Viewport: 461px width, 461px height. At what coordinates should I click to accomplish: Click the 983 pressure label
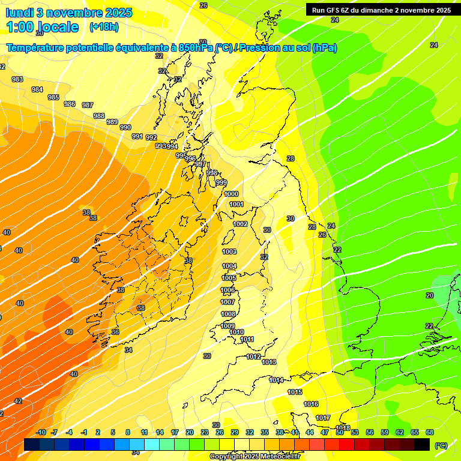point(17,80)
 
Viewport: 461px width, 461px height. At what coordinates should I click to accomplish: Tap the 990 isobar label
point(125,127)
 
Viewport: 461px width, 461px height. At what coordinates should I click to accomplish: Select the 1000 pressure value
point(231,194)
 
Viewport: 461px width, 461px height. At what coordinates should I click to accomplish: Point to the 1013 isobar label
point(269,362)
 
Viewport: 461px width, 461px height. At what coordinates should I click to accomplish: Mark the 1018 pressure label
point(343,428)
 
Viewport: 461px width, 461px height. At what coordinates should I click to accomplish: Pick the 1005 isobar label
point(229,278)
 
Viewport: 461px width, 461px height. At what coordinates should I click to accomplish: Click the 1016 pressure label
point(311,404)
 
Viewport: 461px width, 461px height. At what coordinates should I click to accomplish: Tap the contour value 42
point(18,401)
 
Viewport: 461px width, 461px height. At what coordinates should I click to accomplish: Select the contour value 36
point(115,332)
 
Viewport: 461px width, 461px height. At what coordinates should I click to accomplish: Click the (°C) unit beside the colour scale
point(441,445)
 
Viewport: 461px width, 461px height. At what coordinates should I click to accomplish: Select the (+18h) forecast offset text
point(104,26)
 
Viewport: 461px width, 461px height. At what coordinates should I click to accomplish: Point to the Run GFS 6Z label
point(332,10)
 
